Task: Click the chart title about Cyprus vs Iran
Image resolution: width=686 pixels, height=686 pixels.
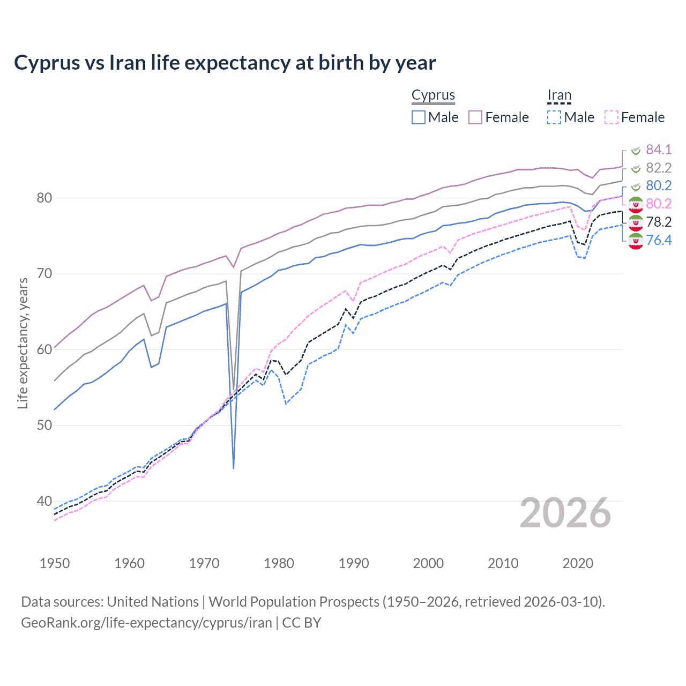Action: [225, 63]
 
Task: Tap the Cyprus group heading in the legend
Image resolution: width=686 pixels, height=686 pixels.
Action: [433, 95]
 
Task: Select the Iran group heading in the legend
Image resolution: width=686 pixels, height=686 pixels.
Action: [559, 95]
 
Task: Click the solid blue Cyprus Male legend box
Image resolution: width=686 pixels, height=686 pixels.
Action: [419, 117]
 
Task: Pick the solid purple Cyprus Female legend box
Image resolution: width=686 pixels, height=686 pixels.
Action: [475, 117]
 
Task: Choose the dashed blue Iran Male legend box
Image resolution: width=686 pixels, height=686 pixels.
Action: [554, 117]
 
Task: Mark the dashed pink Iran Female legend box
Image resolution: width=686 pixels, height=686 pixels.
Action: [612, 117]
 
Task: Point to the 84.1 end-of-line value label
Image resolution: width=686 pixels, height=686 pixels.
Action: [658, 150]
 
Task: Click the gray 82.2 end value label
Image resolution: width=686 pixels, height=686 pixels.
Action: [658, 168]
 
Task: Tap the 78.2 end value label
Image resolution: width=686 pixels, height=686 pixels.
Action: [658, 222]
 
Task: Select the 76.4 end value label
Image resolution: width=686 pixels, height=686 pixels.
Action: [658, 240]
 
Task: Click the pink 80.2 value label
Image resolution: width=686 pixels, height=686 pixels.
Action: [658, 204]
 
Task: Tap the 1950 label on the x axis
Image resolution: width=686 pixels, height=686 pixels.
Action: [55, 563]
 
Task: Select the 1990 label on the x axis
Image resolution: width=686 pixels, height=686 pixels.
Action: [354, 563]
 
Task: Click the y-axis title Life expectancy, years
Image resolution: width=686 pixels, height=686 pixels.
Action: [23, 343]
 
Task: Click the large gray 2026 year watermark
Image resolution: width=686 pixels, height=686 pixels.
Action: [565, 513]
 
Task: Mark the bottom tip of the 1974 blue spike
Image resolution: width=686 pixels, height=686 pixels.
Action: [234, 468]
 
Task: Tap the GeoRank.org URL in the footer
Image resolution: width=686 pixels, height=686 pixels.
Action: [146, 623]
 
